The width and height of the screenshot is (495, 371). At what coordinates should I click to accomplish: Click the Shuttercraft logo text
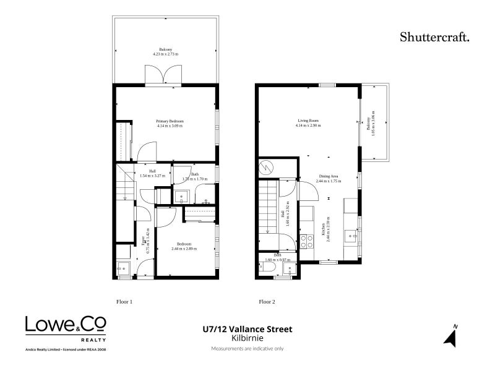(x=434, y=36)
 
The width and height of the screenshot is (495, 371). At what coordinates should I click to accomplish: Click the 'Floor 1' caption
(x=125, y=302)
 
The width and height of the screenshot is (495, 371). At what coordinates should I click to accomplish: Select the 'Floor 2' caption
(x=267, y=302)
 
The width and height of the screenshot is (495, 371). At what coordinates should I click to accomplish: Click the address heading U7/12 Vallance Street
(x=247, y=330)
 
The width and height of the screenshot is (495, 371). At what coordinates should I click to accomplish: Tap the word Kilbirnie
(x=247, y=338)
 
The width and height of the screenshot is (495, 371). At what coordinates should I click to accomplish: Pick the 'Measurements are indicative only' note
(x=247, y=349)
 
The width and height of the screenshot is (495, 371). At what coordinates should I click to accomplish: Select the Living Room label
(x=308, y=121)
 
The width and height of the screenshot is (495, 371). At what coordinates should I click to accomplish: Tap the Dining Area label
(x=329, y=176)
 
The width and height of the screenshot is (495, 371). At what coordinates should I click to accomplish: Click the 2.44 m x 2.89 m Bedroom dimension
(x=184, y=249)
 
